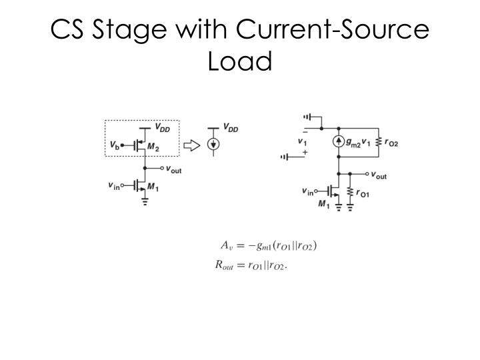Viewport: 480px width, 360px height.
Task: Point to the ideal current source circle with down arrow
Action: [x=213, y=143]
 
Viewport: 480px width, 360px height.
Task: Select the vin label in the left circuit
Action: [x=115, y=186]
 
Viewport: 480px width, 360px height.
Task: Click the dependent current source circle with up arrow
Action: [x=339, y=141]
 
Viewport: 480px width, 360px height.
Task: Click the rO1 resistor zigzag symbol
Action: [x=351, y=193]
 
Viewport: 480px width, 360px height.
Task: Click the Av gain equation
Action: [x=266, y=245]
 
